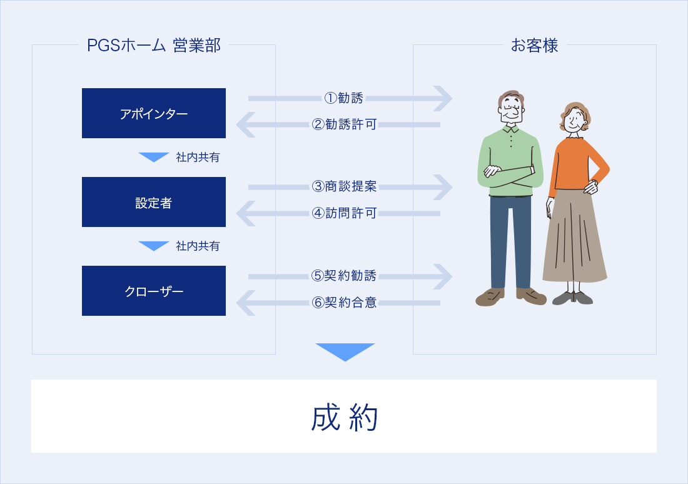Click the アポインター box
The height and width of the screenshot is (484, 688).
tap(154, 113)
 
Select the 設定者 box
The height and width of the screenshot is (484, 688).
tap(154, 202)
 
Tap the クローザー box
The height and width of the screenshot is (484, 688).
tap(154, 291)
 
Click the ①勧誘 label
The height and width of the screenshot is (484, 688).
tap(343, 98)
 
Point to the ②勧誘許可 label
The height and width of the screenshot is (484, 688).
tap(344, 124)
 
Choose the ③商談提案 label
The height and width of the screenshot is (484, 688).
tap(344, 186)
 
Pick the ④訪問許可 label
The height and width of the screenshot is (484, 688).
tap(344, 213)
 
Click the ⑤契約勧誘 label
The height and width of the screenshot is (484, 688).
tap(344, 276)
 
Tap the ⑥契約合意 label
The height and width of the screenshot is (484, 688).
tap(344, 302)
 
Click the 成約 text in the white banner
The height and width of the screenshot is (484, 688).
tap(345, 418)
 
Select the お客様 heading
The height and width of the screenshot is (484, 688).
tap(534, 45)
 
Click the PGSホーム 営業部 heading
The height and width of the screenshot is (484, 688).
tap(154, 45)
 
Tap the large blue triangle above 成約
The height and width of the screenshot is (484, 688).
tap(345, 351)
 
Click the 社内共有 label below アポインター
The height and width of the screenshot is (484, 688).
tap(198, 157)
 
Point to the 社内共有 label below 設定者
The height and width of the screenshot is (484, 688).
tap(198, 246)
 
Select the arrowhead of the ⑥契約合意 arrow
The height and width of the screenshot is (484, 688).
tap(246, 303)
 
